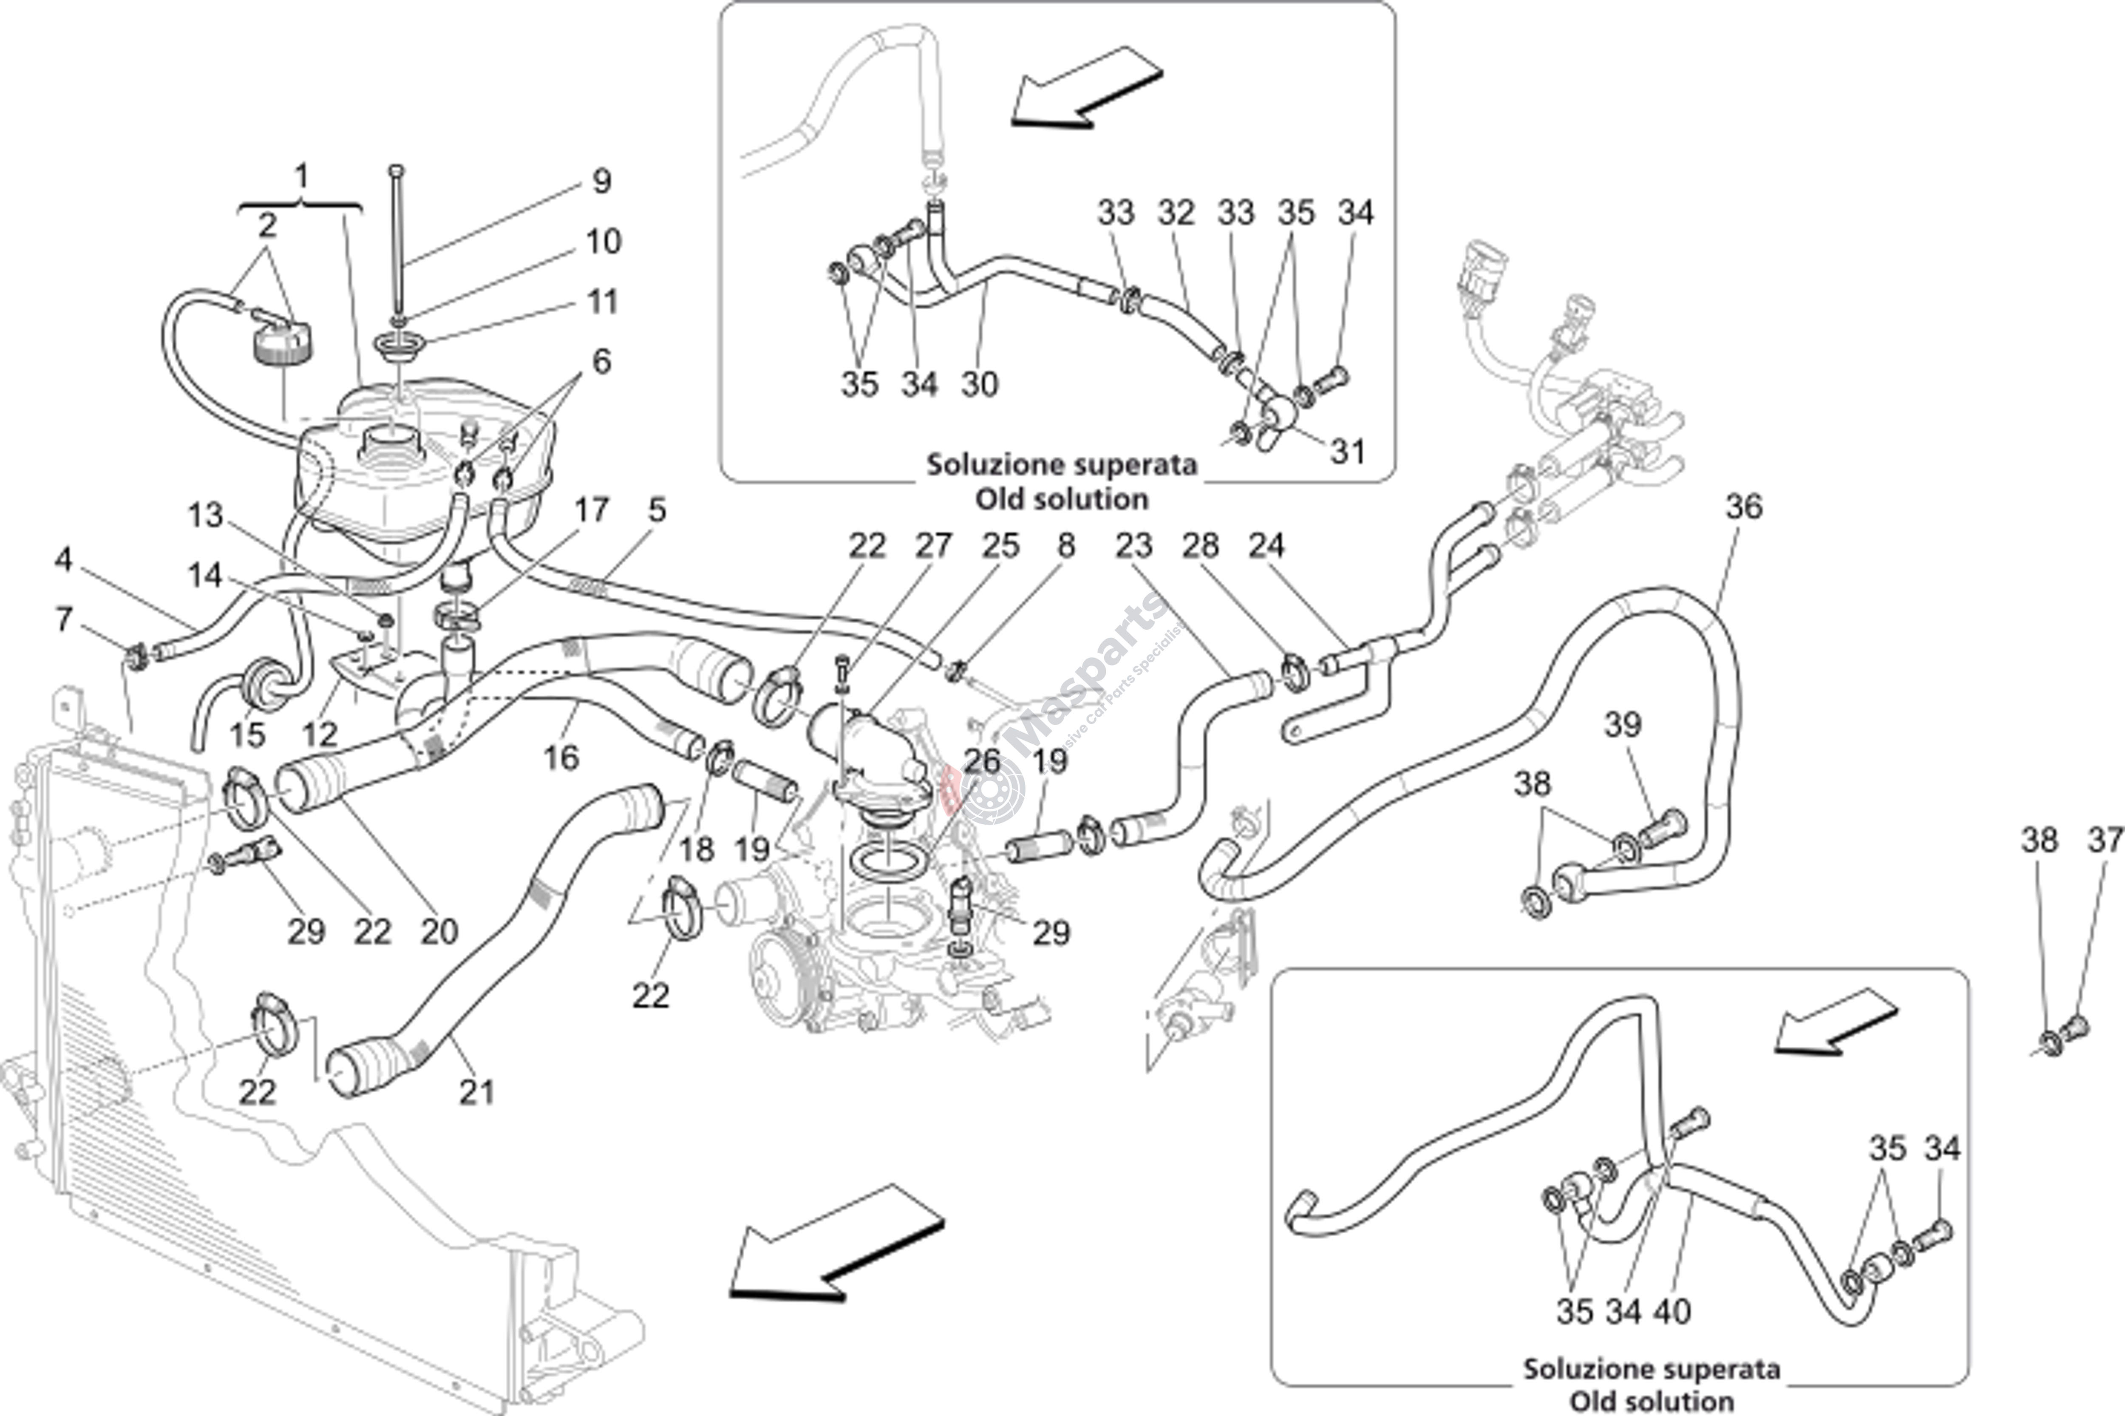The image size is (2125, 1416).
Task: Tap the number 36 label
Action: click(x=1743, y=508)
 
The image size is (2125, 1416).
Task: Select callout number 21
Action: click(x=477, y=1093)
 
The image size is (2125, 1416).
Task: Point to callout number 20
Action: click(x=439, y=931)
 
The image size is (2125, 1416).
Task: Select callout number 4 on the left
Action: click(x=62, y=560)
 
